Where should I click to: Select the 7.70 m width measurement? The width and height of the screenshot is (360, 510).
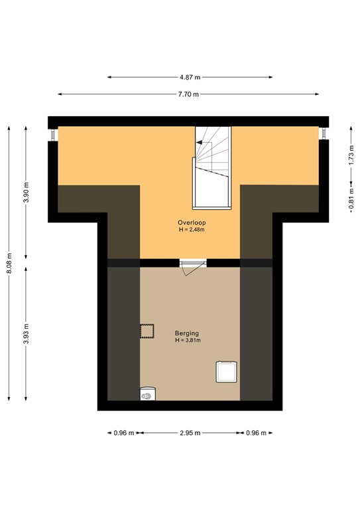(190, 94)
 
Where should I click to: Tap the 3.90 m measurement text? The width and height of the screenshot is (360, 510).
(27, 193)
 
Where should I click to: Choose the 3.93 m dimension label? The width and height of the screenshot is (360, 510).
(27, 333)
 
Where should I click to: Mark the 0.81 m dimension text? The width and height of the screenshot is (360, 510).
(351, 202)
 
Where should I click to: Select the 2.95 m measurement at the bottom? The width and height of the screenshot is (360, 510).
(190, 433)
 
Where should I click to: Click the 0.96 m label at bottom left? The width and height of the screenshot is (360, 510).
(121, 433)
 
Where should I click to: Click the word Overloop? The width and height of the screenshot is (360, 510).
(190, 222)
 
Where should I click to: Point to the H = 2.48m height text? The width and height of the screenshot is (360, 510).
(190, 230)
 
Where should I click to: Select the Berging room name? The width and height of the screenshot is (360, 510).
(187, 333)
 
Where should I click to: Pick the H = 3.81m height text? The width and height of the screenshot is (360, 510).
(187, 341)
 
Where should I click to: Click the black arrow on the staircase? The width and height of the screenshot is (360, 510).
(198, 141)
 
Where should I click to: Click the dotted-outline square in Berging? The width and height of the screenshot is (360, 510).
(146, 330)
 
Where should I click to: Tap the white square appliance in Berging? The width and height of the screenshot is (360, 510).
(226, 371)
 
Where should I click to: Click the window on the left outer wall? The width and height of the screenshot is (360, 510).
(53, 133)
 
